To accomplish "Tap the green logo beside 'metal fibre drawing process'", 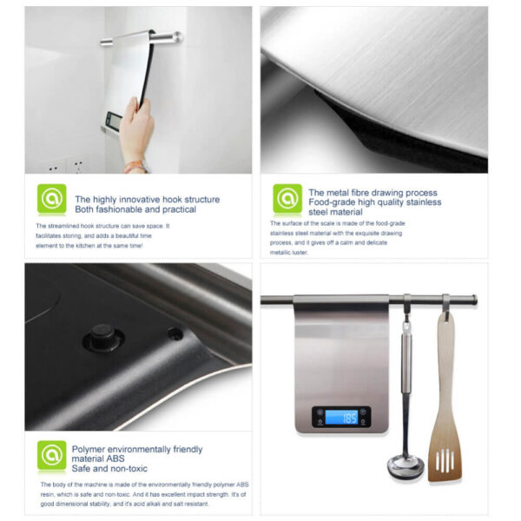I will coord(287,199).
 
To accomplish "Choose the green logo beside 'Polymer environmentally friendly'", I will coord(51,456).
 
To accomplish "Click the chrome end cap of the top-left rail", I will coord(178,36).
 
